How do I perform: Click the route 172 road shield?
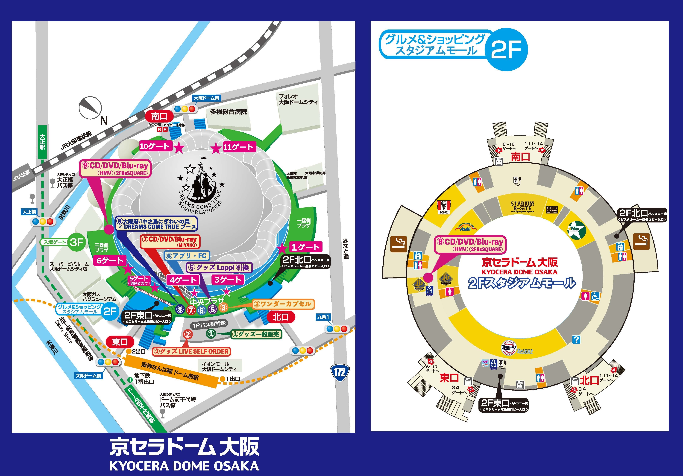(x=339, y=372)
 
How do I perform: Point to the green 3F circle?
(x=76, y=242)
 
